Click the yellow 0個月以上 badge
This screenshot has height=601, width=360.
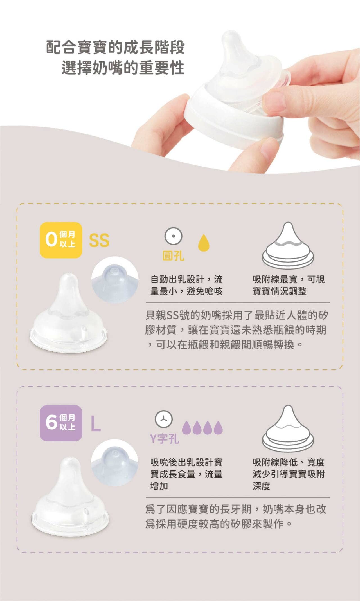click(x=61, y=240)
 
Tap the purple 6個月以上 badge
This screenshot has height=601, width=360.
click(x=61, y=423)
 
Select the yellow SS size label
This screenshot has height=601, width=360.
click(x=99, y=241)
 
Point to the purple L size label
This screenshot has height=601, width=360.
click(x=96, y=424)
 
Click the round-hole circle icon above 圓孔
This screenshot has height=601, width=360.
click(x=173, y=236)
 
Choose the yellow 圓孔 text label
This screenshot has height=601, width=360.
click(x=173, y=256)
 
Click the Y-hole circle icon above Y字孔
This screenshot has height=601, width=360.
click(x=164, y=419)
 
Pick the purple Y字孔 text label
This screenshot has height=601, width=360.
click(x=165, y=438)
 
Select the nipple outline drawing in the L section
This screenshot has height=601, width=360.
click(x=288, y=427)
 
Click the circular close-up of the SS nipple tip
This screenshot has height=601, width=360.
click(x=115, y=280)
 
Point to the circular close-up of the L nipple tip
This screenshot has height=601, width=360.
click(x=115, y=463)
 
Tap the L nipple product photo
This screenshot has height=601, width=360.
click(x=70, y=497)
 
